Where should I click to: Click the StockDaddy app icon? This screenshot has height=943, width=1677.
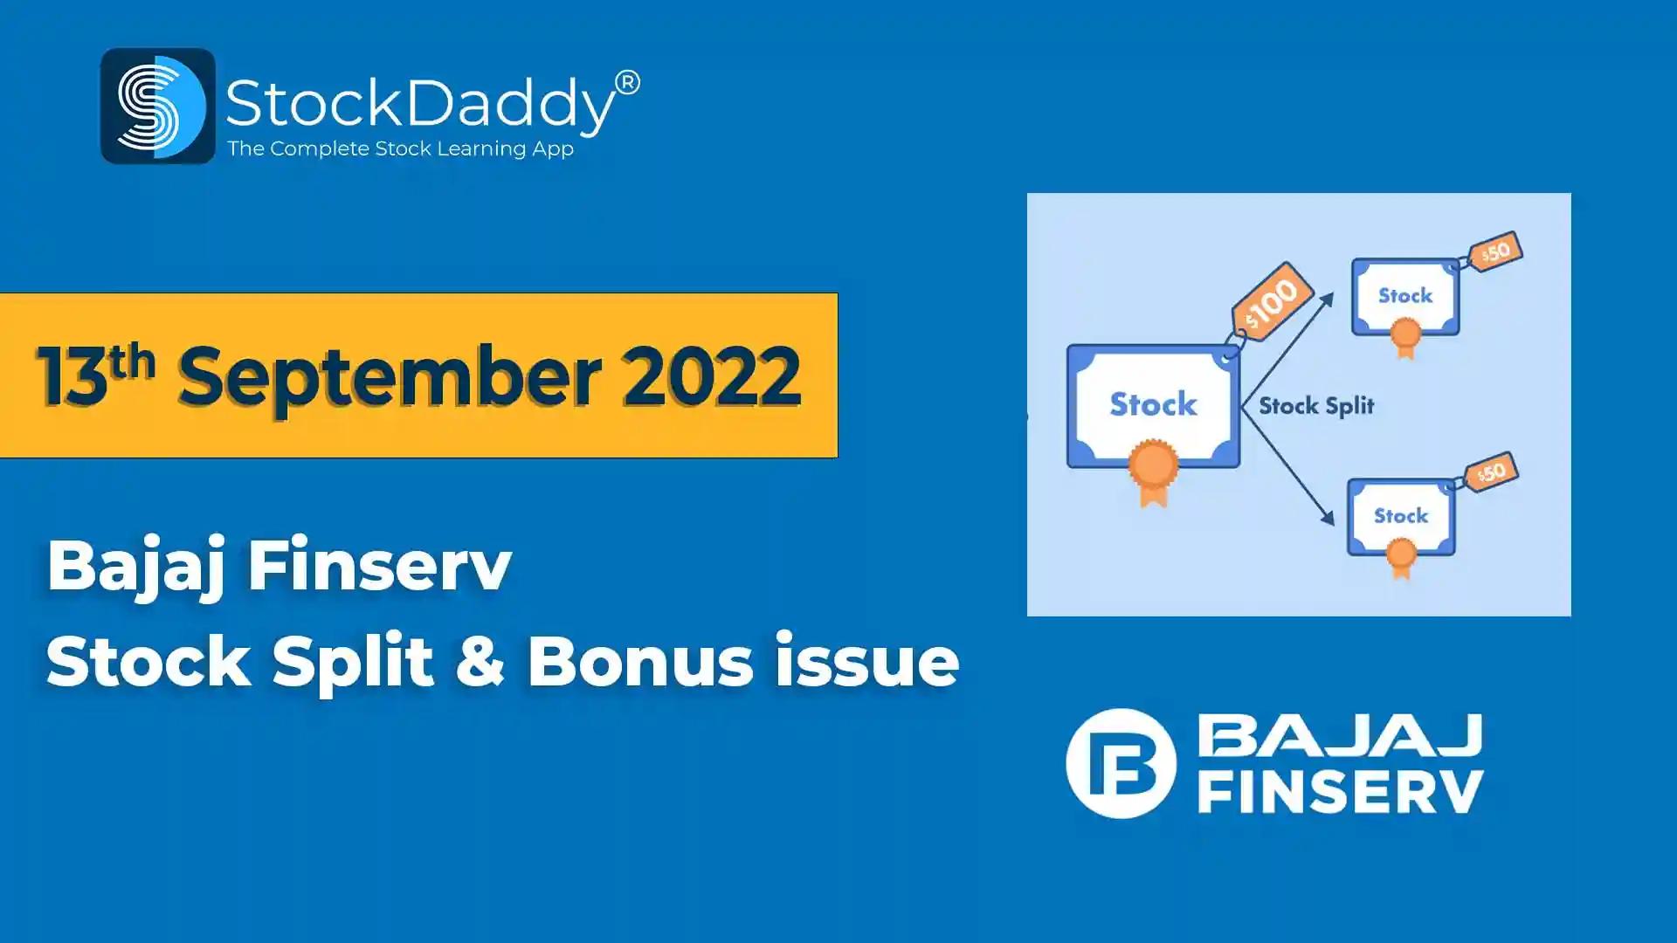[157, 106]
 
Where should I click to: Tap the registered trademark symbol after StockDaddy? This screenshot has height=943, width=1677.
[627, 83]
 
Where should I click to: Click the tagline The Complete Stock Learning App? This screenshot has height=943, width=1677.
[400, 149]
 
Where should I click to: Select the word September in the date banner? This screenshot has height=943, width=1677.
[390, 378]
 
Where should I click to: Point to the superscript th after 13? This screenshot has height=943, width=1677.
[133, 361]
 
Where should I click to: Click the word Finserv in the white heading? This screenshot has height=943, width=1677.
[380, 566]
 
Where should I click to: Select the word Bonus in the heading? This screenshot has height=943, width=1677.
[639, 661]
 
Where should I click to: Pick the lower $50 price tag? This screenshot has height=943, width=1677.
[1490, 472]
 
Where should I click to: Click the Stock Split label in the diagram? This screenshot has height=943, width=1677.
[1316, 406]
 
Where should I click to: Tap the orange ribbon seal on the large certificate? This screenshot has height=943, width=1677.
[1153, 472]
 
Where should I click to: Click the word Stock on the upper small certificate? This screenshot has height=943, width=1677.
[1405, 296]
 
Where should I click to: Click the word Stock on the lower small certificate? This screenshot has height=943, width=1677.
[1401, 516]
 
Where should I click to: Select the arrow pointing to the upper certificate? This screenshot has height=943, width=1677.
[1287, 349]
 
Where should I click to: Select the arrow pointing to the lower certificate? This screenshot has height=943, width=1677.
[1287, 465]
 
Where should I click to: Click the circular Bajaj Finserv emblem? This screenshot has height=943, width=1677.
[1121, 763]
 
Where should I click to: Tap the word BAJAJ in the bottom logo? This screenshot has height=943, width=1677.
[1340, 735]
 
